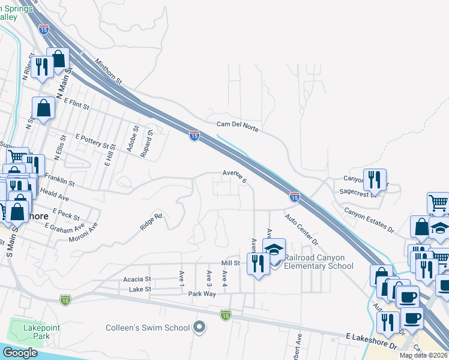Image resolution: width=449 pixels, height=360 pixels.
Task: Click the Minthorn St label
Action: [x=107, y=71]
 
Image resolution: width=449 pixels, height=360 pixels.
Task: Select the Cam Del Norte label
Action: [x=237, y=125]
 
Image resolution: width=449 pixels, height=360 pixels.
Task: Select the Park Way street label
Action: [x=202, y=294]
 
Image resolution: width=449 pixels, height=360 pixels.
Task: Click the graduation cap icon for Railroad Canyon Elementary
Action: [x=274, y=250]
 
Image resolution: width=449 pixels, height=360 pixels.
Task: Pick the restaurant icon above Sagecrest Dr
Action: [x=374, y=179]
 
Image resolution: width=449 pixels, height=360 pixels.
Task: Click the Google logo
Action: [x=20, y=353]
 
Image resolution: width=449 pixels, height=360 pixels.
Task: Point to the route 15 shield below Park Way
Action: [x=225, y=314]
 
